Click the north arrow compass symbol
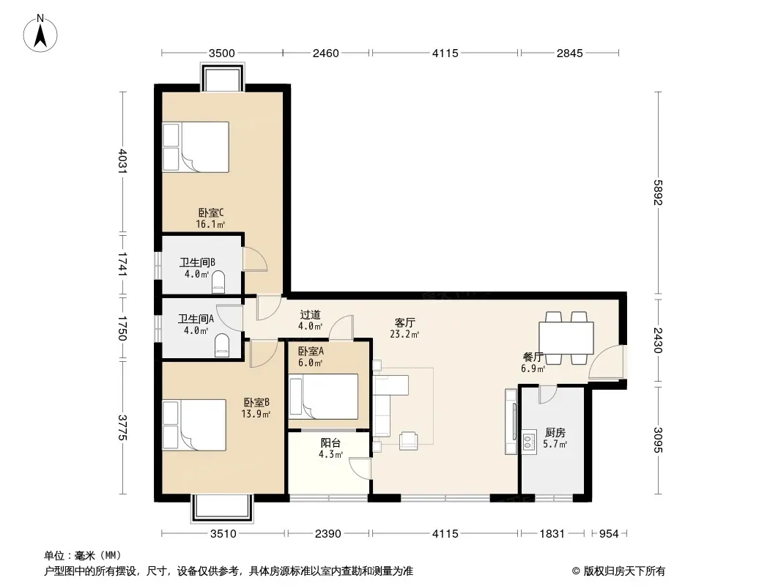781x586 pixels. coord(40,34)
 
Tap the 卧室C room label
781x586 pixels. coord(211,213)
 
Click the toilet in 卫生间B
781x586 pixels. coord(218,282)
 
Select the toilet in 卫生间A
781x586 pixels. coord(222,345)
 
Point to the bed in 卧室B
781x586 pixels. coord(194,425)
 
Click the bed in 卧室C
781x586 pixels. coord(196,147)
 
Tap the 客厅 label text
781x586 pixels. coord(404,322)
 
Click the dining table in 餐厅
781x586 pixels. coord(566,338)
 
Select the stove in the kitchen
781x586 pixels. coord(528,442)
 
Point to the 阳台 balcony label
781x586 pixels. coord(330,442)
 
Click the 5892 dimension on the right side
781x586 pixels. coord(658,192)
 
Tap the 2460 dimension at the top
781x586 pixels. coord(326,53)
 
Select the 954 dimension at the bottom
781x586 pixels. coord(609,534)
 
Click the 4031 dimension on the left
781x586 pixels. coord(122,161)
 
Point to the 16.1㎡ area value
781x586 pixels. coord(210,225)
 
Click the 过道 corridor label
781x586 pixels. coord(311,315)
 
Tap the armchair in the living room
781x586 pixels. coord(408,441)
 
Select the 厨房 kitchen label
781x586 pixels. coord(555,432)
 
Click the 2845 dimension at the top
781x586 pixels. coord(570,53)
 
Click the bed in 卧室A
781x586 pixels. coord(324,397)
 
